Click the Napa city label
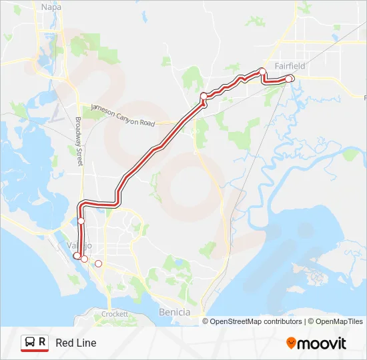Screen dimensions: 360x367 [51, 7]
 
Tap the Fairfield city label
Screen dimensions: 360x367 [290, 66]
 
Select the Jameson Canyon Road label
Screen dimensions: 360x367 [123, 115]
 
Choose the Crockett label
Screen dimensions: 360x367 [115, 313]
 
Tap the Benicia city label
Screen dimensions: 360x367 [175, 312]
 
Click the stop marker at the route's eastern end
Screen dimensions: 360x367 [290, 79]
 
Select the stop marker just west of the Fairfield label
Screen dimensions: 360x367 [262, 71]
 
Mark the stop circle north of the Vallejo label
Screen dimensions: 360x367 [81, 221]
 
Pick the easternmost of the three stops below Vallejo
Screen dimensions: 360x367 [99, 264]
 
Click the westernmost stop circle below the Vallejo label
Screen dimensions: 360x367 [77, 255]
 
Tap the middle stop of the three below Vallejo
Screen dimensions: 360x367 [84, 259]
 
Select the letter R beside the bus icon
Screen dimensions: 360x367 [43, 342]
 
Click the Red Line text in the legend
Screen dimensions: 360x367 [76, 343]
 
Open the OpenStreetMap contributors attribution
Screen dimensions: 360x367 [256, 321]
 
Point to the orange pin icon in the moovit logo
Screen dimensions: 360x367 [291, 343]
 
